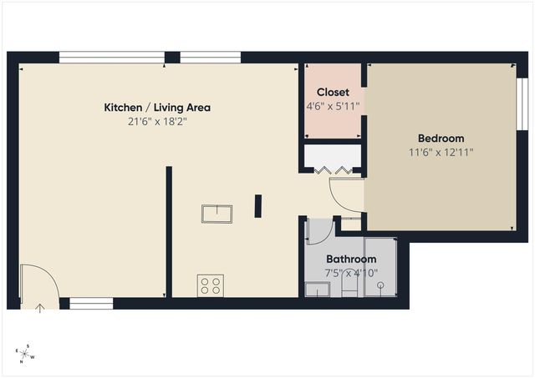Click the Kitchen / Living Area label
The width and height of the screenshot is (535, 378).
[157, 108]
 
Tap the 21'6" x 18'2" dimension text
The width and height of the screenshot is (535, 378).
[157, 122]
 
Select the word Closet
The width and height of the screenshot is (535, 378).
[333, 92]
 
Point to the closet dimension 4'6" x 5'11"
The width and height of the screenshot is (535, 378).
[333, 106]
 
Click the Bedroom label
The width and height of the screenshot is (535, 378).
[441, 139]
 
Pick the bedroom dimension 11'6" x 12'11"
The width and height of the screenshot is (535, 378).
[441, 153]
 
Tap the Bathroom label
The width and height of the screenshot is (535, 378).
[351, 260]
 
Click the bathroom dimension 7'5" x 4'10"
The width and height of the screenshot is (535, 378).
[351, 273]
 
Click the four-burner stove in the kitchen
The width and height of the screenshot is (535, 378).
[211, 285]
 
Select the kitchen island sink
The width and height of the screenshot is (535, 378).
[217, 213]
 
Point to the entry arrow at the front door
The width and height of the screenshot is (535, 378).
[40, 307]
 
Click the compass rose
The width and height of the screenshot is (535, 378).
[26, 355]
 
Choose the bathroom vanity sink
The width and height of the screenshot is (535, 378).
[318, 289]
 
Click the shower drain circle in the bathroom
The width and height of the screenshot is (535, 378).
[381, 285]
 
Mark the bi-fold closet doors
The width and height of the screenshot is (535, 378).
[333, 170]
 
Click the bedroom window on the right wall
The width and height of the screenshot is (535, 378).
[521, 104]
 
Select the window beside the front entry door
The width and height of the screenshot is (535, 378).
[91, 304]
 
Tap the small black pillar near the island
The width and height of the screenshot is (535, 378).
[258, 205]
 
